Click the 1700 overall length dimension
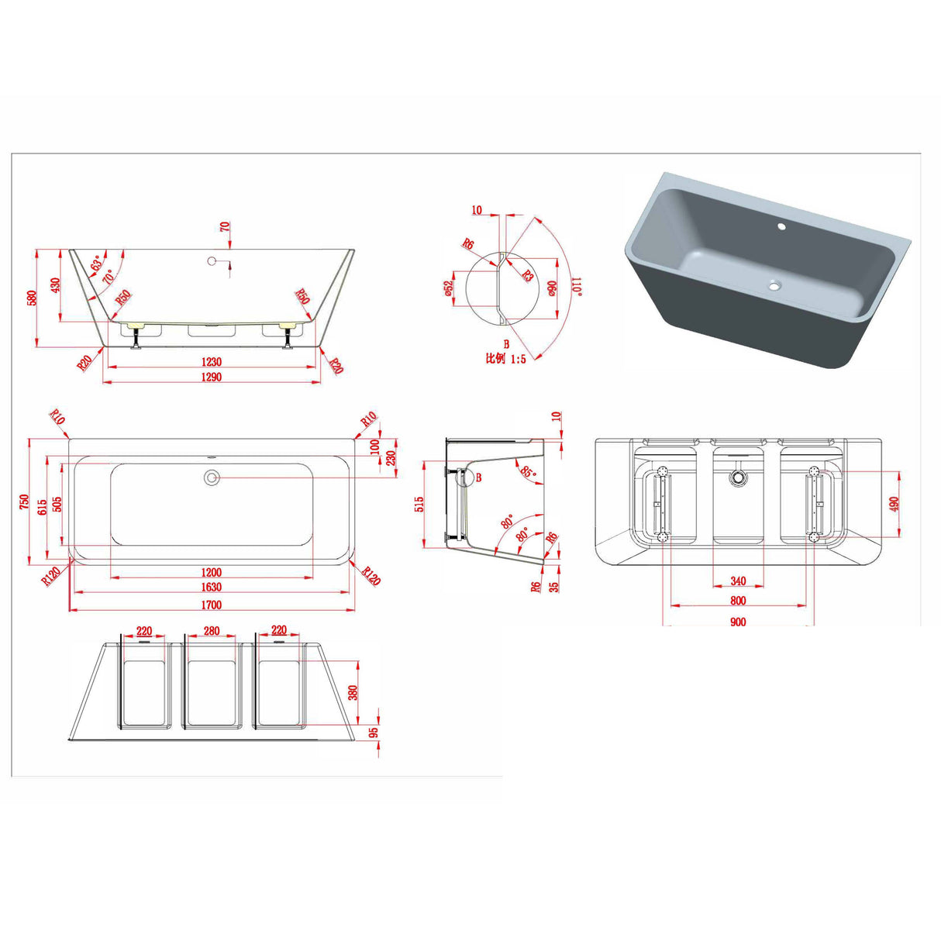pyautogui.click(x=211, y=605)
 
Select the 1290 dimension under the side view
pyautogui.click(x=211, y=377)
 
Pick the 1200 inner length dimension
pyautogui.click(x=211, y=572)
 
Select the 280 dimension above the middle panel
pyautogui.click(x=211, y=630)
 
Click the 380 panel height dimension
pyautogui.click(x=353, y=692)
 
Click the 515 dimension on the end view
pyautogui.click(x=419, y=504)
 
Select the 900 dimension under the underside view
pyautogui.click(x=738, y=622)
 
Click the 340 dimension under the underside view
pyautogui.click(x=738, y=581)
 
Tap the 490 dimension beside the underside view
pyautogui.click(x=894, y=503)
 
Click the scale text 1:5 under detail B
pyautogui.click(x=518, y=359)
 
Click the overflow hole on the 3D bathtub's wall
pyautogui.click(x=781, y=226)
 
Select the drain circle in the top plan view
pyautogui.click(x=212, y=477)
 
